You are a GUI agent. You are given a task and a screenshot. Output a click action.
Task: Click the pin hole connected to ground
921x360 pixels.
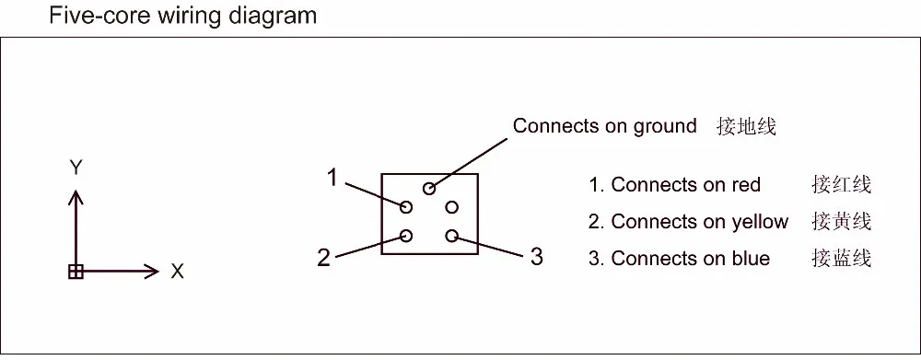[x=429, y=189]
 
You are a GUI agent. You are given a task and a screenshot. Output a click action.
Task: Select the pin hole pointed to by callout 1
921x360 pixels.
[x=406, y=206]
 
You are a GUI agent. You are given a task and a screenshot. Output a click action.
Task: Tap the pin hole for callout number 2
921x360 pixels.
[x=406, y=236]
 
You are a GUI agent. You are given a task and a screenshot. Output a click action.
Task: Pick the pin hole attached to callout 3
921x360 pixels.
[x=451, y=236]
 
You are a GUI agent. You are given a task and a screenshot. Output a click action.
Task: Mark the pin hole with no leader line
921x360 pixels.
[x=451, y=206]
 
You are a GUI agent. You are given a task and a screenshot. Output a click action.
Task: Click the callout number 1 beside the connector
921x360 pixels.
[x=332, y=178]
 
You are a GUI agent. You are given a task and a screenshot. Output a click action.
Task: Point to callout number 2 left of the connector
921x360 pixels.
[x=323, y=257]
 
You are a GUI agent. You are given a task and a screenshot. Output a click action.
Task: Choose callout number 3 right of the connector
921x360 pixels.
[x=536, y=256]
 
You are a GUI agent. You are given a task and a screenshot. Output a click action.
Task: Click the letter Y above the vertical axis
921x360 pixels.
[x=77, y=168]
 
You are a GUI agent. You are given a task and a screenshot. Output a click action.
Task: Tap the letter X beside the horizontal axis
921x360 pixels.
[x=177, y=272]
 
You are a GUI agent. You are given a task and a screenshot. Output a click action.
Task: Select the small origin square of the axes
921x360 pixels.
[x=76, y=271]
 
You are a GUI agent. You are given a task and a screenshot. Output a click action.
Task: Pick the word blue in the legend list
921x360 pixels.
[x=746, y=259]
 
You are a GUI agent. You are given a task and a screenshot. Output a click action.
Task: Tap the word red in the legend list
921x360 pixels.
[x=746, y=185]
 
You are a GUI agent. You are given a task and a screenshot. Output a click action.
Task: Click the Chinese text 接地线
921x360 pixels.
[x=746, y=126]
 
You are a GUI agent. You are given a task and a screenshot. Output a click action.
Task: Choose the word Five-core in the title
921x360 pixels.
[x=90, y=16]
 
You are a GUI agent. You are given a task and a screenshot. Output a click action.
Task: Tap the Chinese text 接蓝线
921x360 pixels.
[x=841, y=259]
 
